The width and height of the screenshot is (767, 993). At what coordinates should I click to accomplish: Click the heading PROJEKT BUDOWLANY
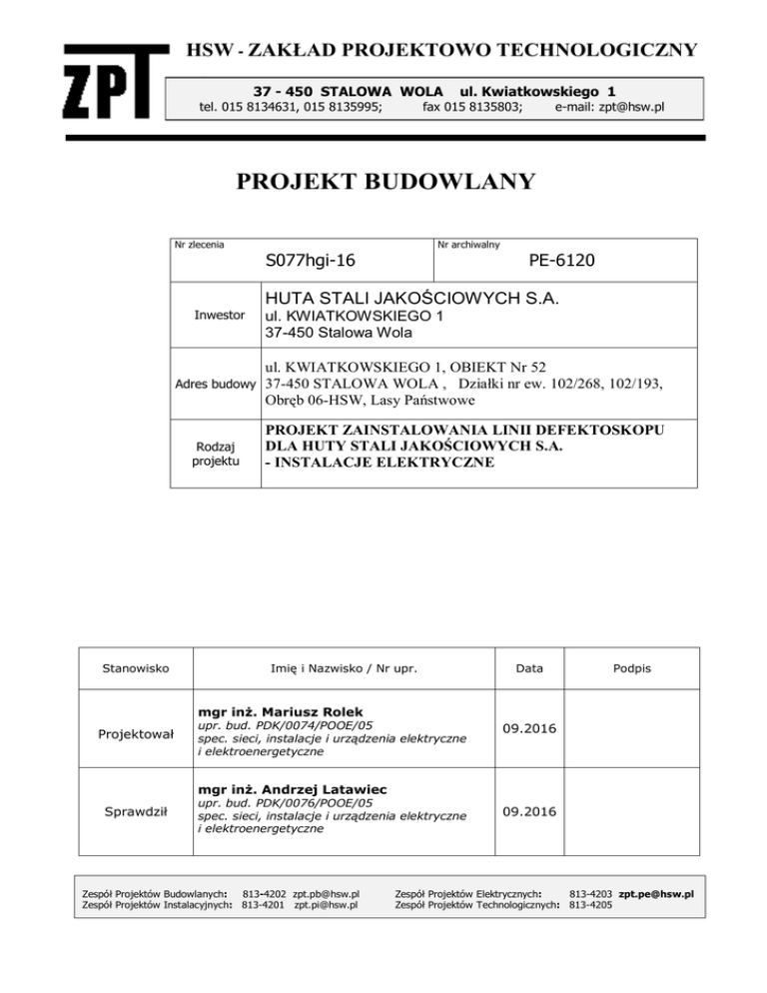[x=385, y=181]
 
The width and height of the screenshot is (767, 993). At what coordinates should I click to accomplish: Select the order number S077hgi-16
[x=312, y=262]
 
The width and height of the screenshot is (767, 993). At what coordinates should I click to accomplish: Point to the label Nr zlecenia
[x=199, y=244]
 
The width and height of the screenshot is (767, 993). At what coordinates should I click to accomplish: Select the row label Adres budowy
[x=216, y=384]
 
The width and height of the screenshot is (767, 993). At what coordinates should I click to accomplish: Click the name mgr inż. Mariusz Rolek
[x=265, y=711]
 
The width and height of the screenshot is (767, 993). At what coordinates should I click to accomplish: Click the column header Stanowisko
[x=135, y=664]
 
